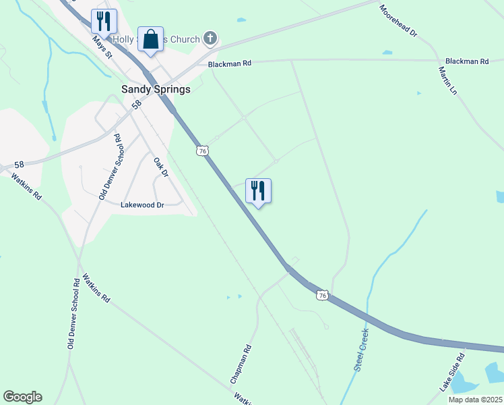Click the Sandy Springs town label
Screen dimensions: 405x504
[x=156, y=89]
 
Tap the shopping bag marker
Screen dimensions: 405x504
[x=150, y=39]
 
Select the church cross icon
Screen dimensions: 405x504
[x=211, y=38]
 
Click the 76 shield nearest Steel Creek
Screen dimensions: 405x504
[x=323, y=296]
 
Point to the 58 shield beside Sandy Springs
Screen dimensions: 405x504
[x=137, y=105]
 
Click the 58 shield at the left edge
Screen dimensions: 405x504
[x=19, y=165]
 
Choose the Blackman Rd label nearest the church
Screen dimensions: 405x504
[x=230, y=63]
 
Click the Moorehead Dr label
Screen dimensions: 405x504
[x=398, y=22]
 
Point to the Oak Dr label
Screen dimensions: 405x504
[x=160, y=167]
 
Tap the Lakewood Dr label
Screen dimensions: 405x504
[x=142, y=205]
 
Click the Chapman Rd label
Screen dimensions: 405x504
[x=241, y=364]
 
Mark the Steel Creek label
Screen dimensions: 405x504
[x=362, y=348]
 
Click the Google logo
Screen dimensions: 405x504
[x=22, y=397]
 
